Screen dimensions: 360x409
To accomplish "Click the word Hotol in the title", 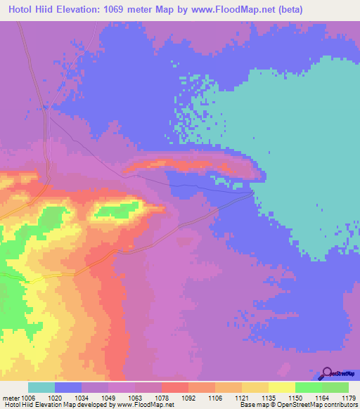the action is click(x=20, y=9).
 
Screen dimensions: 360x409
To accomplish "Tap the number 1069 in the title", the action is click(x=125, y=9).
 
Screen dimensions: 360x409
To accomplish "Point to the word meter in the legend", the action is click(x=11, y=397).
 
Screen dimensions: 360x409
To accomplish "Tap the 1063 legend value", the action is click(x=135, y=397).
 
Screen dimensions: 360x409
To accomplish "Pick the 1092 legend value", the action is click(x=188, y=397).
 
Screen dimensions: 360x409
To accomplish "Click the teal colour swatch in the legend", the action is click(x=41, y=387).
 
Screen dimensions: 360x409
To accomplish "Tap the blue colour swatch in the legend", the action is click(x=68, y=387).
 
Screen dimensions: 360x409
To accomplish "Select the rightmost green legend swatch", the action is click(x=335, y=387).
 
